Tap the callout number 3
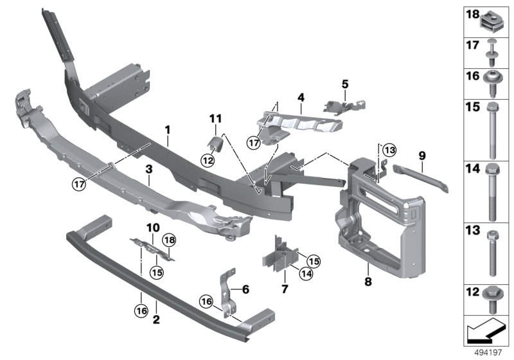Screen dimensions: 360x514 click(x=148, y=170)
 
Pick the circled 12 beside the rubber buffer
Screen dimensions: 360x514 click(x=208, y=160)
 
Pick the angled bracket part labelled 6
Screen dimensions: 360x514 click(x=227, y=292)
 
